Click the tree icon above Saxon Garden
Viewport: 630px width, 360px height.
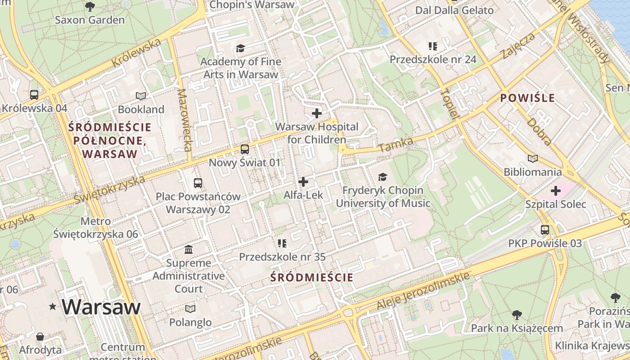tap(90, 6)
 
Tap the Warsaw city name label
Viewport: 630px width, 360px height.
tap(101, 307)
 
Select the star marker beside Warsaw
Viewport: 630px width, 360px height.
tap(53, 307)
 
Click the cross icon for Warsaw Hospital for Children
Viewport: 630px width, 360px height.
tap(317, 113)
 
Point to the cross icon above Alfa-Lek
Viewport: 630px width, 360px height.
tap(303, 182)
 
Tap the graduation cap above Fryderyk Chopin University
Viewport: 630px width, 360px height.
tap(382, 177)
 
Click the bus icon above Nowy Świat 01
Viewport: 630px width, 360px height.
tap(245, 149)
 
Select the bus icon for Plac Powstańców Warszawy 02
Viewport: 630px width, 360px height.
tap(198, 183)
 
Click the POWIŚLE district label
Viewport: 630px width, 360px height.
tap(527, 98)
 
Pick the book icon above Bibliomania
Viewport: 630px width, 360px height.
tap(533, 158)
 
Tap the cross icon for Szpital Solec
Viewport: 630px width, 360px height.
tap(556, 191)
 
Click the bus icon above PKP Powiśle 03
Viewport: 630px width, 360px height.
tap(545, 230)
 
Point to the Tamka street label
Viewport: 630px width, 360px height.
tap(396, 144)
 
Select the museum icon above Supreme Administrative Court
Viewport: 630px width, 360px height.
tap(189, 249)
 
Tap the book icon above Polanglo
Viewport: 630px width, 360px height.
tap(190, 309)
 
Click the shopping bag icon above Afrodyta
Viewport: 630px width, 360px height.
tap(40, 336)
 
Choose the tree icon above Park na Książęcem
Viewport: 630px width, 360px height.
tap(517, 315)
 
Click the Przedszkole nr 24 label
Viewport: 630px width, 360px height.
tap(433, 59)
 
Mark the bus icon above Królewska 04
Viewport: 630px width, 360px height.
tap(34, 94)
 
